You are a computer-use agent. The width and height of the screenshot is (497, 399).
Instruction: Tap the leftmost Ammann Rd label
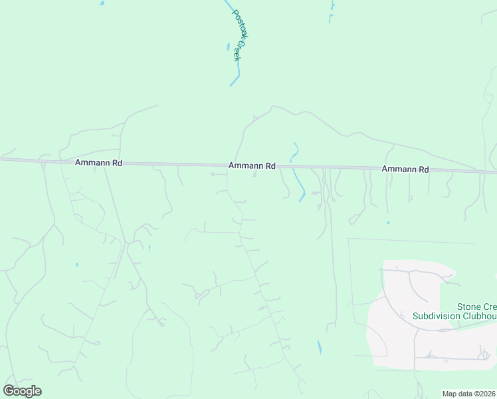click(98, 162)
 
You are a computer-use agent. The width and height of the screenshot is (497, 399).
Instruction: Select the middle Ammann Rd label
click(252, 166)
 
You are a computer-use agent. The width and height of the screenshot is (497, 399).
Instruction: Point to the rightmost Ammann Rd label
click(405, 170)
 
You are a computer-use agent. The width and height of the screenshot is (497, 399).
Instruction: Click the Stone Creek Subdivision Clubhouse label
click(454, 311)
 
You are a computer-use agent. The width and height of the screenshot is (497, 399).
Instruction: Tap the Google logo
click(22, 391)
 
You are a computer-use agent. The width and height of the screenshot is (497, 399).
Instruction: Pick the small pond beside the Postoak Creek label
click(228, 48)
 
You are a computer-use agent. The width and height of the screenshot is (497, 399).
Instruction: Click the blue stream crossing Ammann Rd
click(297, 180)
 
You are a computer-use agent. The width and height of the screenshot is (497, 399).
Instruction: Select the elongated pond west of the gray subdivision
click(320, 346)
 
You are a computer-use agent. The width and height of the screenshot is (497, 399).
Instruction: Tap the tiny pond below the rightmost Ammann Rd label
click(388, 223)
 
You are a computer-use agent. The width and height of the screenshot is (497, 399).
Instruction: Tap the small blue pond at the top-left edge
click(102, 3)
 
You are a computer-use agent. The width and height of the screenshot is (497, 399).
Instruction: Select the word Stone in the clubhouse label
click(468, 307)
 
